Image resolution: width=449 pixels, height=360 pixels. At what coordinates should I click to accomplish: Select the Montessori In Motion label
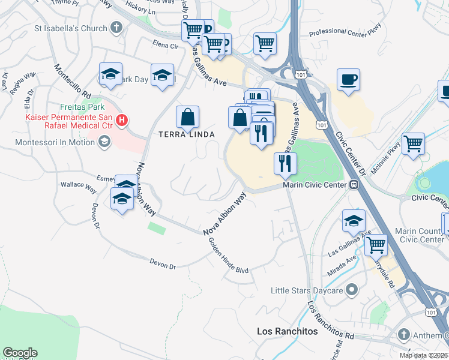point(56,142)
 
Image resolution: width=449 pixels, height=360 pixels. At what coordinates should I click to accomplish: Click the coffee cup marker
point(348,80)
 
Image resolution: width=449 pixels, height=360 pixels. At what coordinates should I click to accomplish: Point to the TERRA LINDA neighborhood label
point(186,134)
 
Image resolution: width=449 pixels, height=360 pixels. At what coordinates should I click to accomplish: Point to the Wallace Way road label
point(82,187)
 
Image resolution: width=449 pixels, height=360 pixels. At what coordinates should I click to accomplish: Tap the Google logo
point(20,353)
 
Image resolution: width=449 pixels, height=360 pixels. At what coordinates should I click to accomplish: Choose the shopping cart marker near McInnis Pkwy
point(413,144)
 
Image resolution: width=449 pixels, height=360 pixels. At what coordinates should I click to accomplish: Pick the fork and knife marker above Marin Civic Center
point(286,163)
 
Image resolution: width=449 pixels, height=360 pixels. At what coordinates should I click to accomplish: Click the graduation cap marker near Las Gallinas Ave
point(354,220)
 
